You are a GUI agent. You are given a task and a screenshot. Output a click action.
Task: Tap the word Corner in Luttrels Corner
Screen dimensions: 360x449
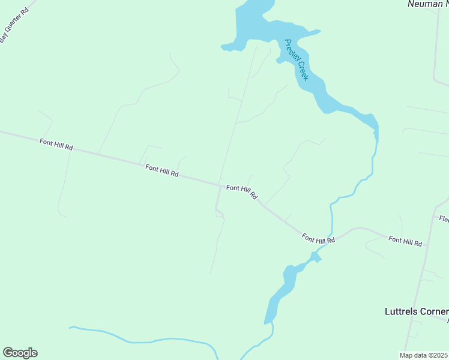(436, 311)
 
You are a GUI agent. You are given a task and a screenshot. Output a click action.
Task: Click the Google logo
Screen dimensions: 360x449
(20, 353)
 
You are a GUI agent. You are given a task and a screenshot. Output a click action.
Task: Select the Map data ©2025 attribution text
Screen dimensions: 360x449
(424, 355)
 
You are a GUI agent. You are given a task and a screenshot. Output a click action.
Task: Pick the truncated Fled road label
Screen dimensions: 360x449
(444, 219)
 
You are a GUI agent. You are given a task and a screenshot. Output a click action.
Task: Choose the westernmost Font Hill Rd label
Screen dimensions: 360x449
(56, 144)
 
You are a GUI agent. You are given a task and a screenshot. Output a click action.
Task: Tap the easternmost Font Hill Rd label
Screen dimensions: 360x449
(405, 241)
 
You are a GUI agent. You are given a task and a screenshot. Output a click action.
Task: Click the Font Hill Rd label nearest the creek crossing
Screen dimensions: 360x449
(318, 238)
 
